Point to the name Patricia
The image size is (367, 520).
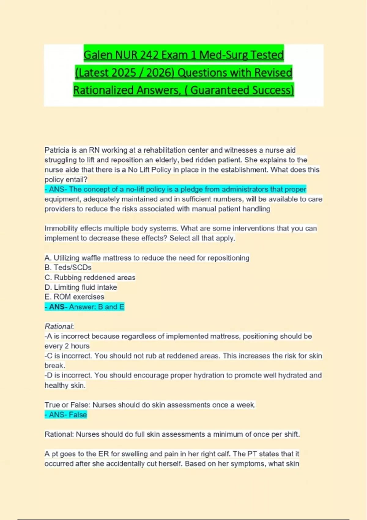[x=57, y=150]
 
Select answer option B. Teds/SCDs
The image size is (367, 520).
[x=68, y=267]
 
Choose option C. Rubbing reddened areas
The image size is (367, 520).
[x=90, y=277]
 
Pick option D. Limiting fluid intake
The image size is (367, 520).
[x=81, y=287]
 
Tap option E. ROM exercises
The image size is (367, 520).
[x=74, y=297]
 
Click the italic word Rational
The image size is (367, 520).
[x=59, y=326]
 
